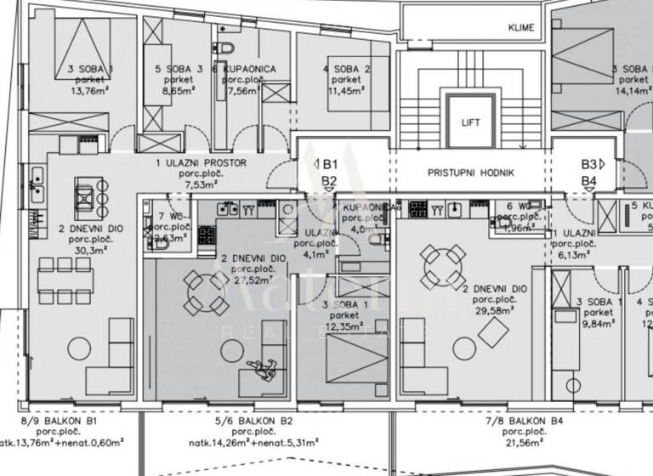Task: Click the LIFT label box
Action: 470,122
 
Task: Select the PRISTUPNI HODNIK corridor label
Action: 470,172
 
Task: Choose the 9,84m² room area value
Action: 595,321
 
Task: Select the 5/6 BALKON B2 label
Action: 253,420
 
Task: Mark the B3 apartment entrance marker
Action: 591,163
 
